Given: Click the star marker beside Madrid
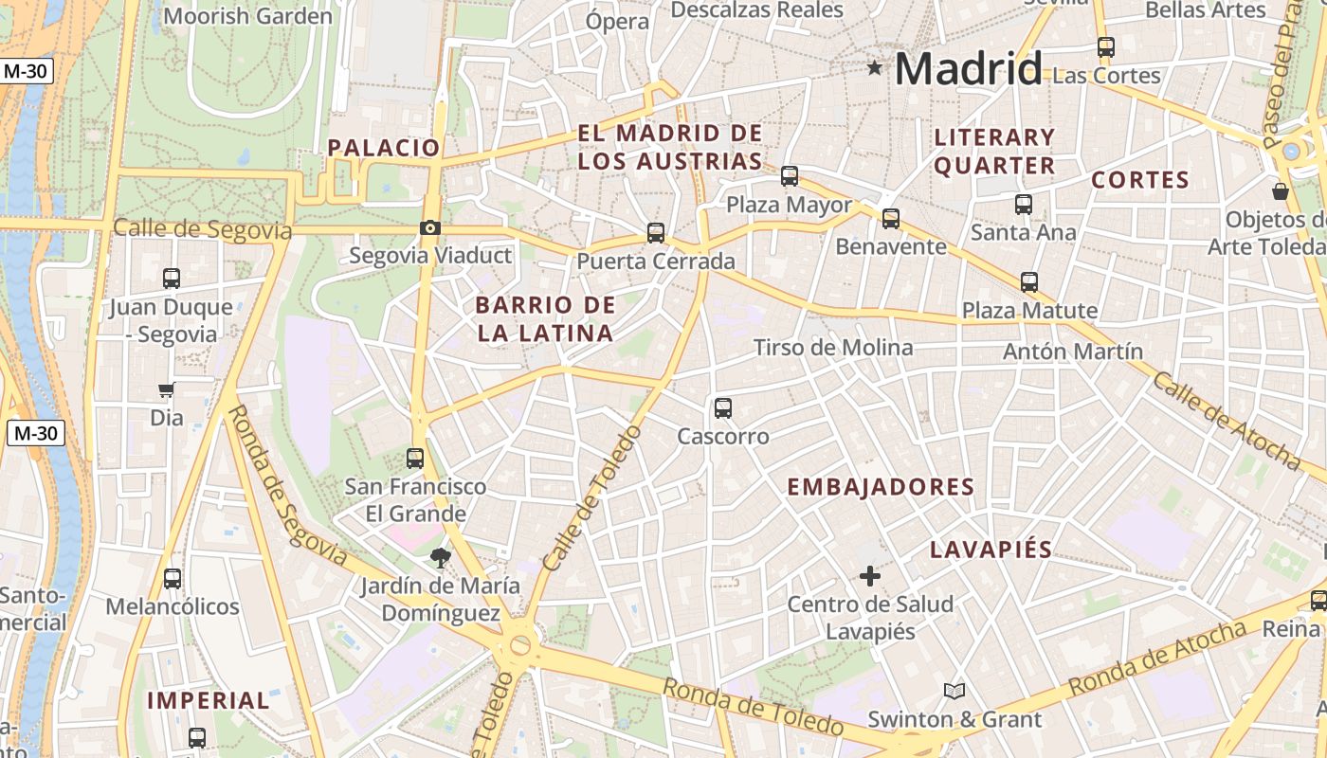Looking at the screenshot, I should coord(874,68).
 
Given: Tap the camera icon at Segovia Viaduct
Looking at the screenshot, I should coord(430,227).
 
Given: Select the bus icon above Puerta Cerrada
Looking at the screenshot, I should coord(655,233).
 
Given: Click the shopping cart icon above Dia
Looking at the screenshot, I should coord(166,389).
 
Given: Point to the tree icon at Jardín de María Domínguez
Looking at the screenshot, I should coord(439,557).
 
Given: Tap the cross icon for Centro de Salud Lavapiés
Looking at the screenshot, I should coord(869,575).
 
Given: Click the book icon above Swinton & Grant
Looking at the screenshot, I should coord(954,692).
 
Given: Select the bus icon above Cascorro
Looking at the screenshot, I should coord(723,408).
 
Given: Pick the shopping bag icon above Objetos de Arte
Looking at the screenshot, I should coord(1281,191).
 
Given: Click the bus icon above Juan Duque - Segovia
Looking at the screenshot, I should coord(171,279).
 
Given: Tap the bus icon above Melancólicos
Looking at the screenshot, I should coord(173,579).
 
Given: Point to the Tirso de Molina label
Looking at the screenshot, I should coord(833,348).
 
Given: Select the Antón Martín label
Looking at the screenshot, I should coord(1073,352).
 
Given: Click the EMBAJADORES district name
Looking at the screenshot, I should coord(881,487).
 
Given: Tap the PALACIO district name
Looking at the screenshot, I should coord(384,148).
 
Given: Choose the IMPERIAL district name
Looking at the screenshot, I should coord(209,701).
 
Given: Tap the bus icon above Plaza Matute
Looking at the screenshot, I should coord(1029,282).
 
